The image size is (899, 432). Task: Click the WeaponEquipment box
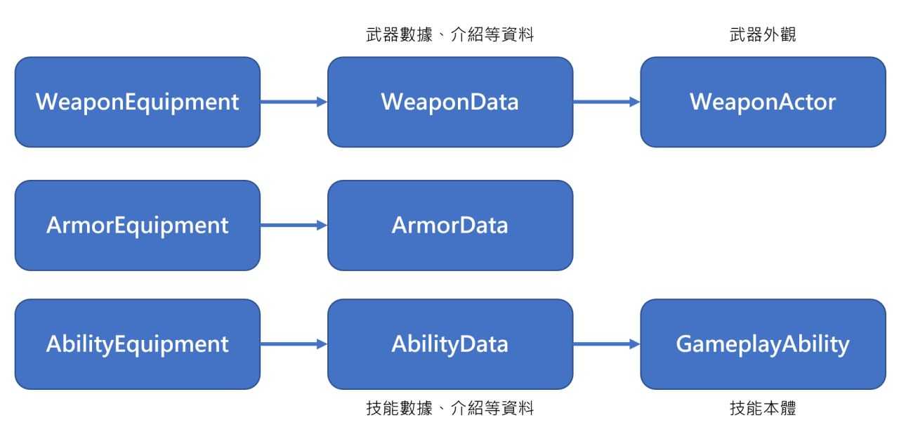138,102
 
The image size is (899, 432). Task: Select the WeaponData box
450,102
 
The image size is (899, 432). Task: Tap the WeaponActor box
763,102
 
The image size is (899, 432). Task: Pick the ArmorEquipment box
138,225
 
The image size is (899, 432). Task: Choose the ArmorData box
450,225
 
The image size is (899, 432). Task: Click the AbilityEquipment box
138,344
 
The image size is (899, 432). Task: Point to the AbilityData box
450,344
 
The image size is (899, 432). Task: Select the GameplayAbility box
763,344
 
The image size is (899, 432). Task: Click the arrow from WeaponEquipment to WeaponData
294,102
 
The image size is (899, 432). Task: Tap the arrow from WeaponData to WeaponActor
607,102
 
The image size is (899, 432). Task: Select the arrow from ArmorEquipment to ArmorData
294,225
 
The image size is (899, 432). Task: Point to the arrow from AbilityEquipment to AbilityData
294,344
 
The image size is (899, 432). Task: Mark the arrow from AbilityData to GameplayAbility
607,344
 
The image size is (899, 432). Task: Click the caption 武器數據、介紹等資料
450,34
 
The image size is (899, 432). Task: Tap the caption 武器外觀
763,34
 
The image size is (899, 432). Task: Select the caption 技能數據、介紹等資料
450,408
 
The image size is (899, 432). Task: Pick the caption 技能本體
763,408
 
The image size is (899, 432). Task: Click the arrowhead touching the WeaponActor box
635,102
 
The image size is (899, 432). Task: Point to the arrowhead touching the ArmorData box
322,225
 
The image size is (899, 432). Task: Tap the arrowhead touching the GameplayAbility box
635,344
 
